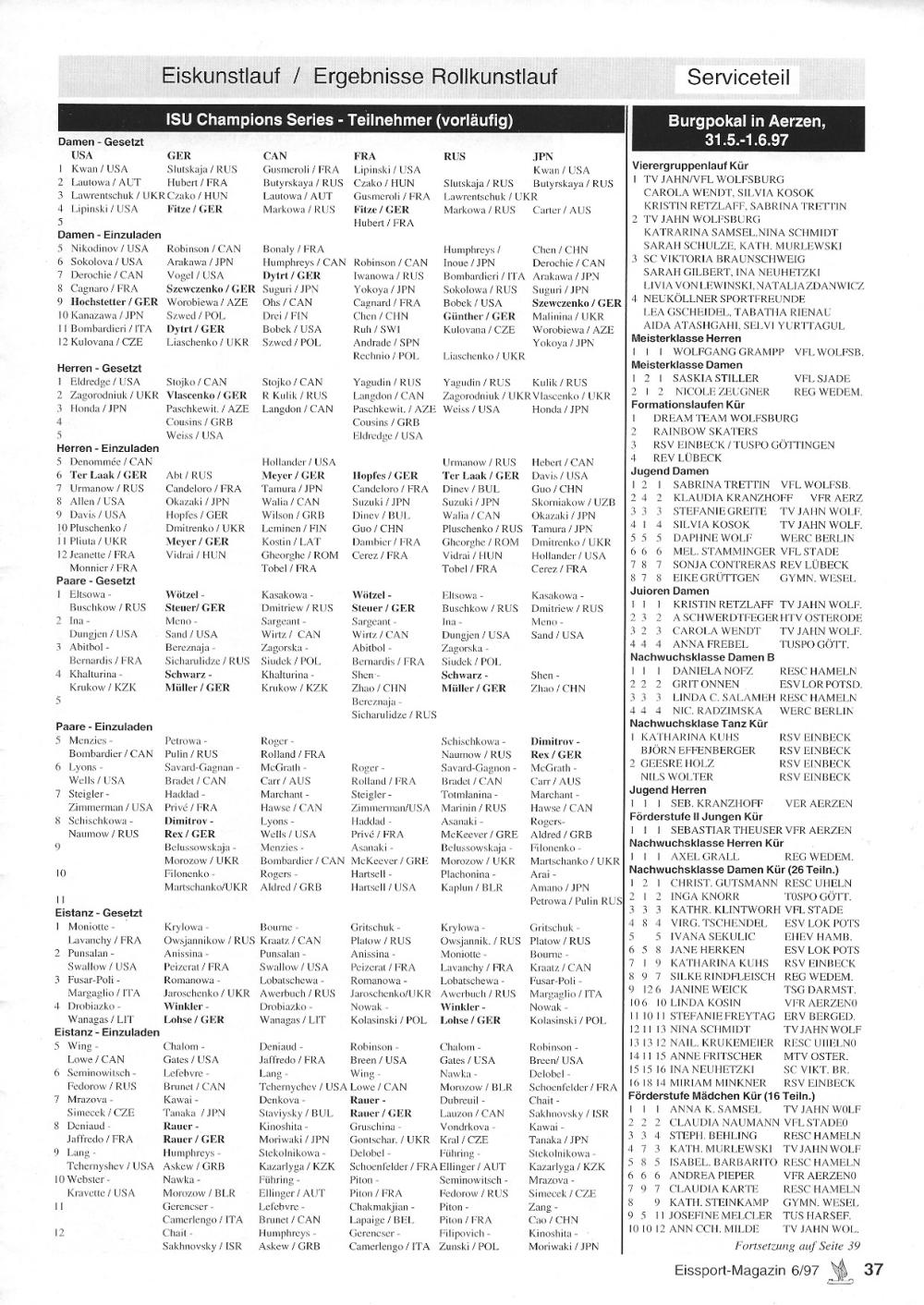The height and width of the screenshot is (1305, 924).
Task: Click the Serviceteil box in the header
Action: tap(738, 77)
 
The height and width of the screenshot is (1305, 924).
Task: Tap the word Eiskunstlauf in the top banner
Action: tap(220, 76)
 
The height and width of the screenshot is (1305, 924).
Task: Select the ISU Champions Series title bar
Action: tap(339, 120)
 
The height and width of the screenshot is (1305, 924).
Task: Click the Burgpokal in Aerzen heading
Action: tap(747, 130)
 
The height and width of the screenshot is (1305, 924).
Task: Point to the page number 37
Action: tap(873, 1270)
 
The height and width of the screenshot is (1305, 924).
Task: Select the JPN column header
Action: tap(542, 156)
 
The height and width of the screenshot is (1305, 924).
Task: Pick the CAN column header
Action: tap(274, 156)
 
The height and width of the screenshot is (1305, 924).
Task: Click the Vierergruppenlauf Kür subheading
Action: tap(688, 165)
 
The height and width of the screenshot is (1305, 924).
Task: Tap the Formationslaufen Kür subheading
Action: tap(688, 405)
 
